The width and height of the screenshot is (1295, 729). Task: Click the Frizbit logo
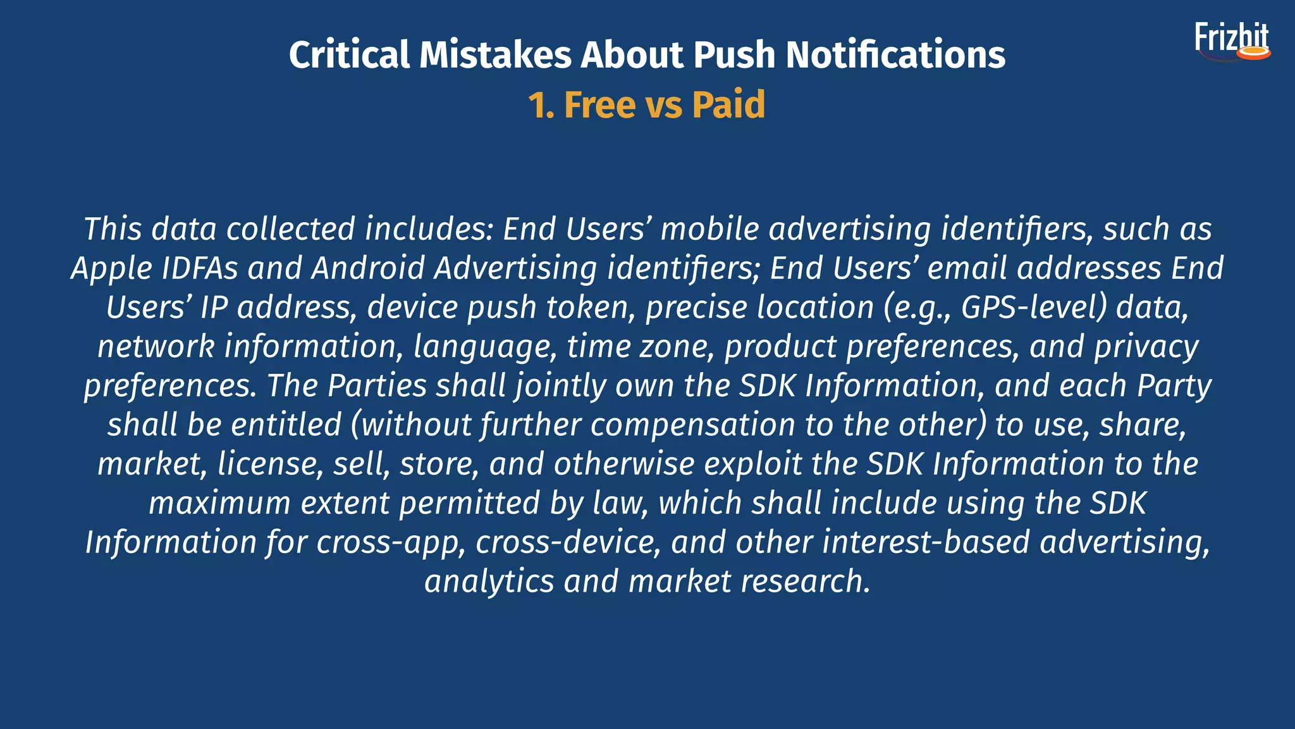pyautogui.click(x=1232, y=42)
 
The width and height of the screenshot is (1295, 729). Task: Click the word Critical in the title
pyautogui.click(x=350, y=55)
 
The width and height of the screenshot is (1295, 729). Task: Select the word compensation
pyautogui.click(x=692, y=425)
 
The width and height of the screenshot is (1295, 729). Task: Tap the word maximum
pyautogui.click(x=219, y=504)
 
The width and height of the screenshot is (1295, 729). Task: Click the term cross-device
pyautogui.click(x=568, y=543)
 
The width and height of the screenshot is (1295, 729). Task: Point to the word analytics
pyautogui.click(x=489, y=582)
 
